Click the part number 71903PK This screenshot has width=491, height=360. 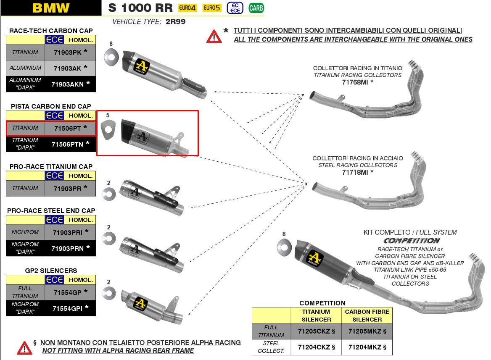point(67,52)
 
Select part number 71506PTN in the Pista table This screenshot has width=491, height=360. point(67,144)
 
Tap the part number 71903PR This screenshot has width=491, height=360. point(67,188)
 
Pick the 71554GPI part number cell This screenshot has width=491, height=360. point(67,308)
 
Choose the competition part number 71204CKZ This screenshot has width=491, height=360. point(314,347)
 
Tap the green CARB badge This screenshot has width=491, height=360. point(256,8)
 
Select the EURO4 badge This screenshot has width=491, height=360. point(187,8)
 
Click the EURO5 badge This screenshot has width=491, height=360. point(212,8)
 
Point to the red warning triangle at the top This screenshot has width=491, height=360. point(214,37)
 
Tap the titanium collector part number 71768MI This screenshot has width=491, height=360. point(355,82)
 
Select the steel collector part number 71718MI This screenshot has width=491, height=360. point(355,172)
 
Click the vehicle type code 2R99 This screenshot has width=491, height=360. point(175,21)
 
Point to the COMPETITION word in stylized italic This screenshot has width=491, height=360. point(412,241)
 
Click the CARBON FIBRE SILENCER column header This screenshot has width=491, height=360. point(367,315)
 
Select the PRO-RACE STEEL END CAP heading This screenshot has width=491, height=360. point(51,210)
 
